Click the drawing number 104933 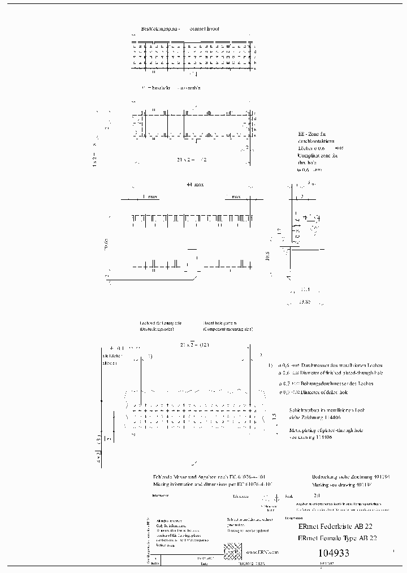point(334,553)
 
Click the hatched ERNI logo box point(231,550)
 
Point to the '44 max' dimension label point(194,185)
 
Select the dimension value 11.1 point(306,289)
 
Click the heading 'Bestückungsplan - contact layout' point(180,28)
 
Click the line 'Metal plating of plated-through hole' point(326,430)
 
